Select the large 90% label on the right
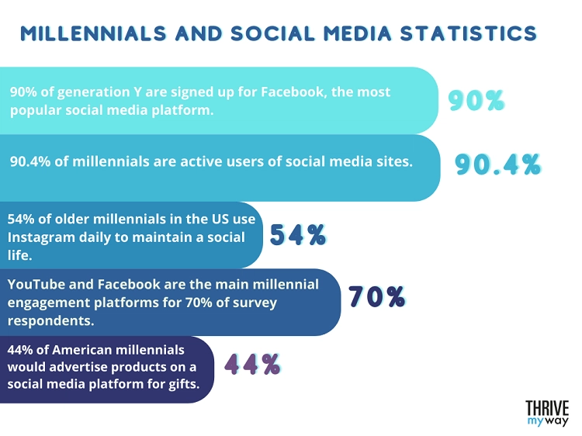click(476, 101)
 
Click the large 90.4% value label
click(497, 165)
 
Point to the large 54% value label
click(298, 234)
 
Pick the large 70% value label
click(376, 297)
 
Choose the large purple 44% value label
click(252, 364)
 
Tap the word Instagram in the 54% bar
click(40, 236)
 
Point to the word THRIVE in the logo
click(547, 408)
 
